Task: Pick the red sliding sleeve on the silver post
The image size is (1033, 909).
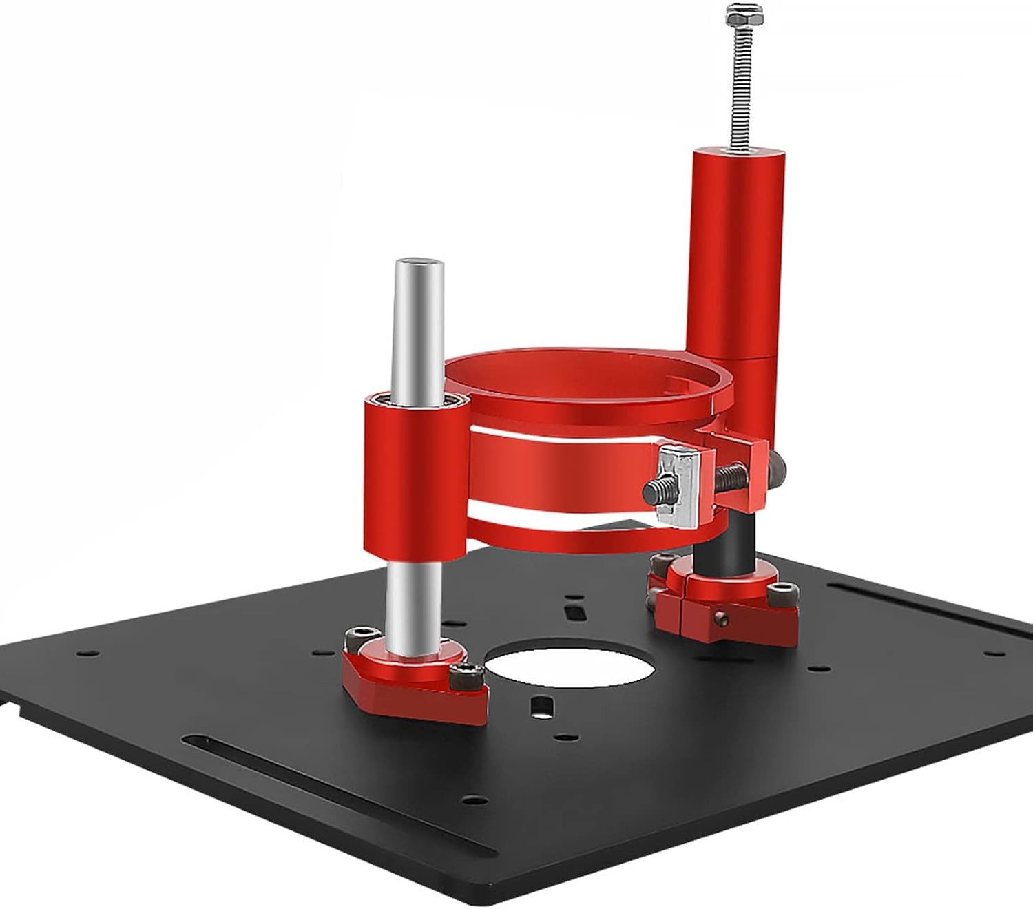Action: (x=417, y=475)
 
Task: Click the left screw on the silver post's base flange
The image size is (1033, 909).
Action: (x=362, y=636)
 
